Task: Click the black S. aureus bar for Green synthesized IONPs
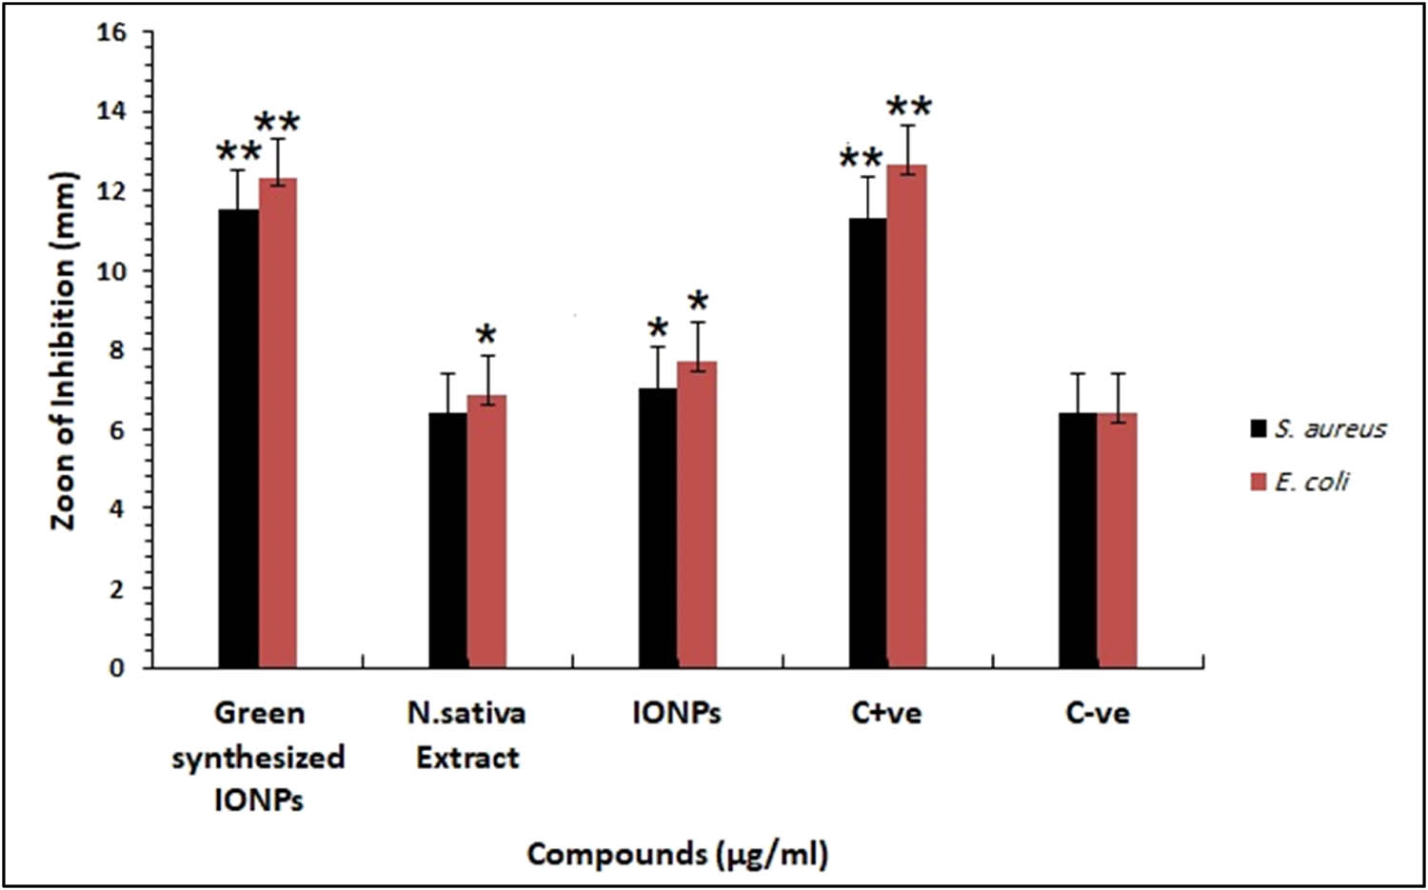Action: (x=238, y=438)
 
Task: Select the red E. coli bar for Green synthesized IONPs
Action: (x=278, y=423)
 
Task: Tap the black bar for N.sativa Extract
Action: (x=447, y=540)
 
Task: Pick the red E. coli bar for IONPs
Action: (x=697, y=514)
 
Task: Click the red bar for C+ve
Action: (x=906, y=416)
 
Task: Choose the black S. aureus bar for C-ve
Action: (x=1078, y=540)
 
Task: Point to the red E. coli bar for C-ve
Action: (x=1117, y=540)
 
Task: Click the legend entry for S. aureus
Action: (x=1319, y=428)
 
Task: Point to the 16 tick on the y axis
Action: (x=111, y=32)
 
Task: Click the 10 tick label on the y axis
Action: (x=111, y=271)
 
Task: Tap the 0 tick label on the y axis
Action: (x=116, y=668)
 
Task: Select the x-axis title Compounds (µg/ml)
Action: (x=677, y=854)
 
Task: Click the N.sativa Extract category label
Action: (x=466, y=735)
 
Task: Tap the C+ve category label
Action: (x=886, y=713)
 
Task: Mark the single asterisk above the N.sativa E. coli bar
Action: (x=486, y=334)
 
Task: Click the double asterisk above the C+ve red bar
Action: (x=909, y=106)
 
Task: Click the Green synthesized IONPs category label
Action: (x=258, y=757)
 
